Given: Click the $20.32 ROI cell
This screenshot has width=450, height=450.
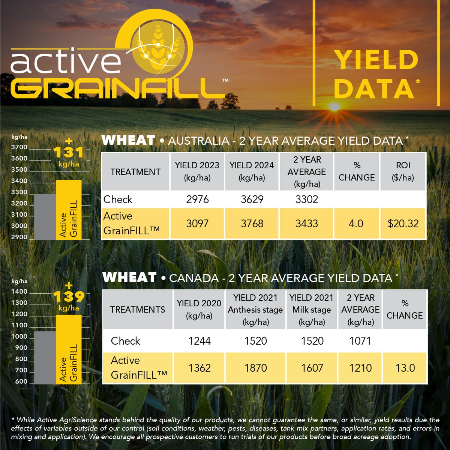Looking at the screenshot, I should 403,224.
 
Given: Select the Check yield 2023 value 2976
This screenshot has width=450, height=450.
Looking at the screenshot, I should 197,199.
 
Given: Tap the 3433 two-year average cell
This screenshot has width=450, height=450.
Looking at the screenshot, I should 306,224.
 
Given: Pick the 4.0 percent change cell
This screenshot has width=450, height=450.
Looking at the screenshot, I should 356,224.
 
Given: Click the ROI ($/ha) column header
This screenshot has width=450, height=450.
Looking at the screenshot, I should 403,171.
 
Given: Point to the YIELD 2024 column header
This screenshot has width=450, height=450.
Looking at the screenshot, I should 252,171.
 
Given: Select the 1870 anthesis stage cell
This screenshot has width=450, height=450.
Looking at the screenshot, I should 256,368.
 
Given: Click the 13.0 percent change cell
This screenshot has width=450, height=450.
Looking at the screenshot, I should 405,368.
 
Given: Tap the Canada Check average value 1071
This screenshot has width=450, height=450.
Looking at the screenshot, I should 360,341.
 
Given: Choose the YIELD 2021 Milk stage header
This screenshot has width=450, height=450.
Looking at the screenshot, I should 311,310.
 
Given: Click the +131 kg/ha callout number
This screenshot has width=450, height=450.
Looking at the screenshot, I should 69,152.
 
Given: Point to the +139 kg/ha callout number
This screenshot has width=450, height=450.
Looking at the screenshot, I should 69,297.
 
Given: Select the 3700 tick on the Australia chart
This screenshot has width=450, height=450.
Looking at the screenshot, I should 19,147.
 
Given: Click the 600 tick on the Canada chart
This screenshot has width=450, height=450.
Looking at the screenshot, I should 21,382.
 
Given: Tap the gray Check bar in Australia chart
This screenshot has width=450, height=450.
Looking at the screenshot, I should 45,216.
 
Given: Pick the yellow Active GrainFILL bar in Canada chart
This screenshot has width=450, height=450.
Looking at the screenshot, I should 69,349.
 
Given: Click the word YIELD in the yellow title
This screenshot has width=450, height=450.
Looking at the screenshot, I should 376,60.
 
